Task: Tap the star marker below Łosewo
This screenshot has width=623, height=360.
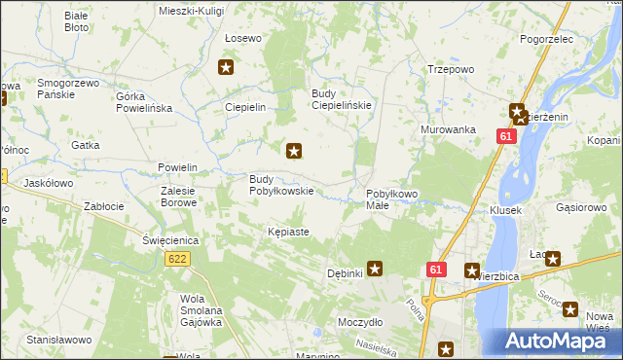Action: click(x=226, y=67)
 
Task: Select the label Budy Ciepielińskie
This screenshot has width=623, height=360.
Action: click(x=342, y=100)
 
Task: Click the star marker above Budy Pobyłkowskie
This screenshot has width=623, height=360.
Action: click(x=294, y=151)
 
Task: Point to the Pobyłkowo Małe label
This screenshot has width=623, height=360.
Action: click(x=391, y=199)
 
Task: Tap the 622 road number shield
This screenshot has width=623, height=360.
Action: click(x=177, y=259)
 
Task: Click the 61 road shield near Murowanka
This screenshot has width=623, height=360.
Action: click(x=504, y=138)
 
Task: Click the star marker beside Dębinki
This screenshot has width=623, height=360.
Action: click(x=375, y=269)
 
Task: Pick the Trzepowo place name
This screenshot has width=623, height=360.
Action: click(x=451, y=69)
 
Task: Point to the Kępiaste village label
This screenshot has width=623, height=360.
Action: click(x=288, y=233)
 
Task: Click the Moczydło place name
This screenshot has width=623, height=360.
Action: click(x=360, y=321)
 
